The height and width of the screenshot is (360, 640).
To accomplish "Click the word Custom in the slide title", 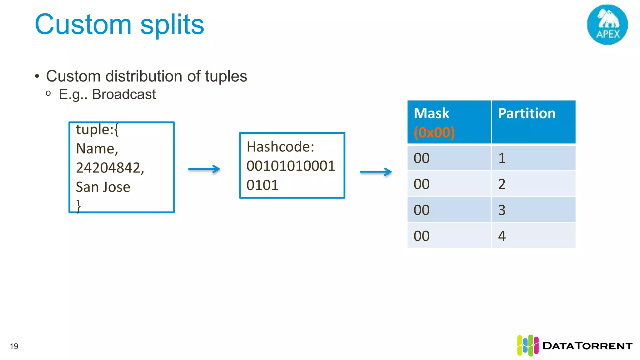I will point(83,25).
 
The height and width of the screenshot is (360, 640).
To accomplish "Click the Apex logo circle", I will point(607,24).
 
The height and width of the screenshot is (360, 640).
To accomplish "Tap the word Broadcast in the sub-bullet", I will point(124,94).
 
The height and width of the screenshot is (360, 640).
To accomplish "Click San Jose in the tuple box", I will point(103,187).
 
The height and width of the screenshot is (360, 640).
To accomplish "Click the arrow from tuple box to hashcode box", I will point(204,169).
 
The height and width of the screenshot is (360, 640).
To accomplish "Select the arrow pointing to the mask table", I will point(376,172).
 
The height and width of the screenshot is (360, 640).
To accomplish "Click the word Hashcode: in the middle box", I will point(280,147).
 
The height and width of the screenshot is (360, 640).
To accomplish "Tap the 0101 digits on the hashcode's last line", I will point(262,185).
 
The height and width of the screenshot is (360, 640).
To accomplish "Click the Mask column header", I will point(431,113).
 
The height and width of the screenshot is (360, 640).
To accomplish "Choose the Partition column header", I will point(527,113).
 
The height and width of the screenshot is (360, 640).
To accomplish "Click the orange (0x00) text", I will point(434,132).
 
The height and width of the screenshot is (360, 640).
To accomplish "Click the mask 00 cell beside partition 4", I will point(422,236).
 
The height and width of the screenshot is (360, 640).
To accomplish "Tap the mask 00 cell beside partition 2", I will point(422,184).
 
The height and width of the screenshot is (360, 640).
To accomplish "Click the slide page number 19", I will point(14,346).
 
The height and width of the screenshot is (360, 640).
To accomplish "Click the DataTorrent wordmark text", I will point(587,346).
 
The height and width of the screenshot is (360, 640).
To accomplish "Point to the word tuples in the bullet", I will point(226,76).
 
